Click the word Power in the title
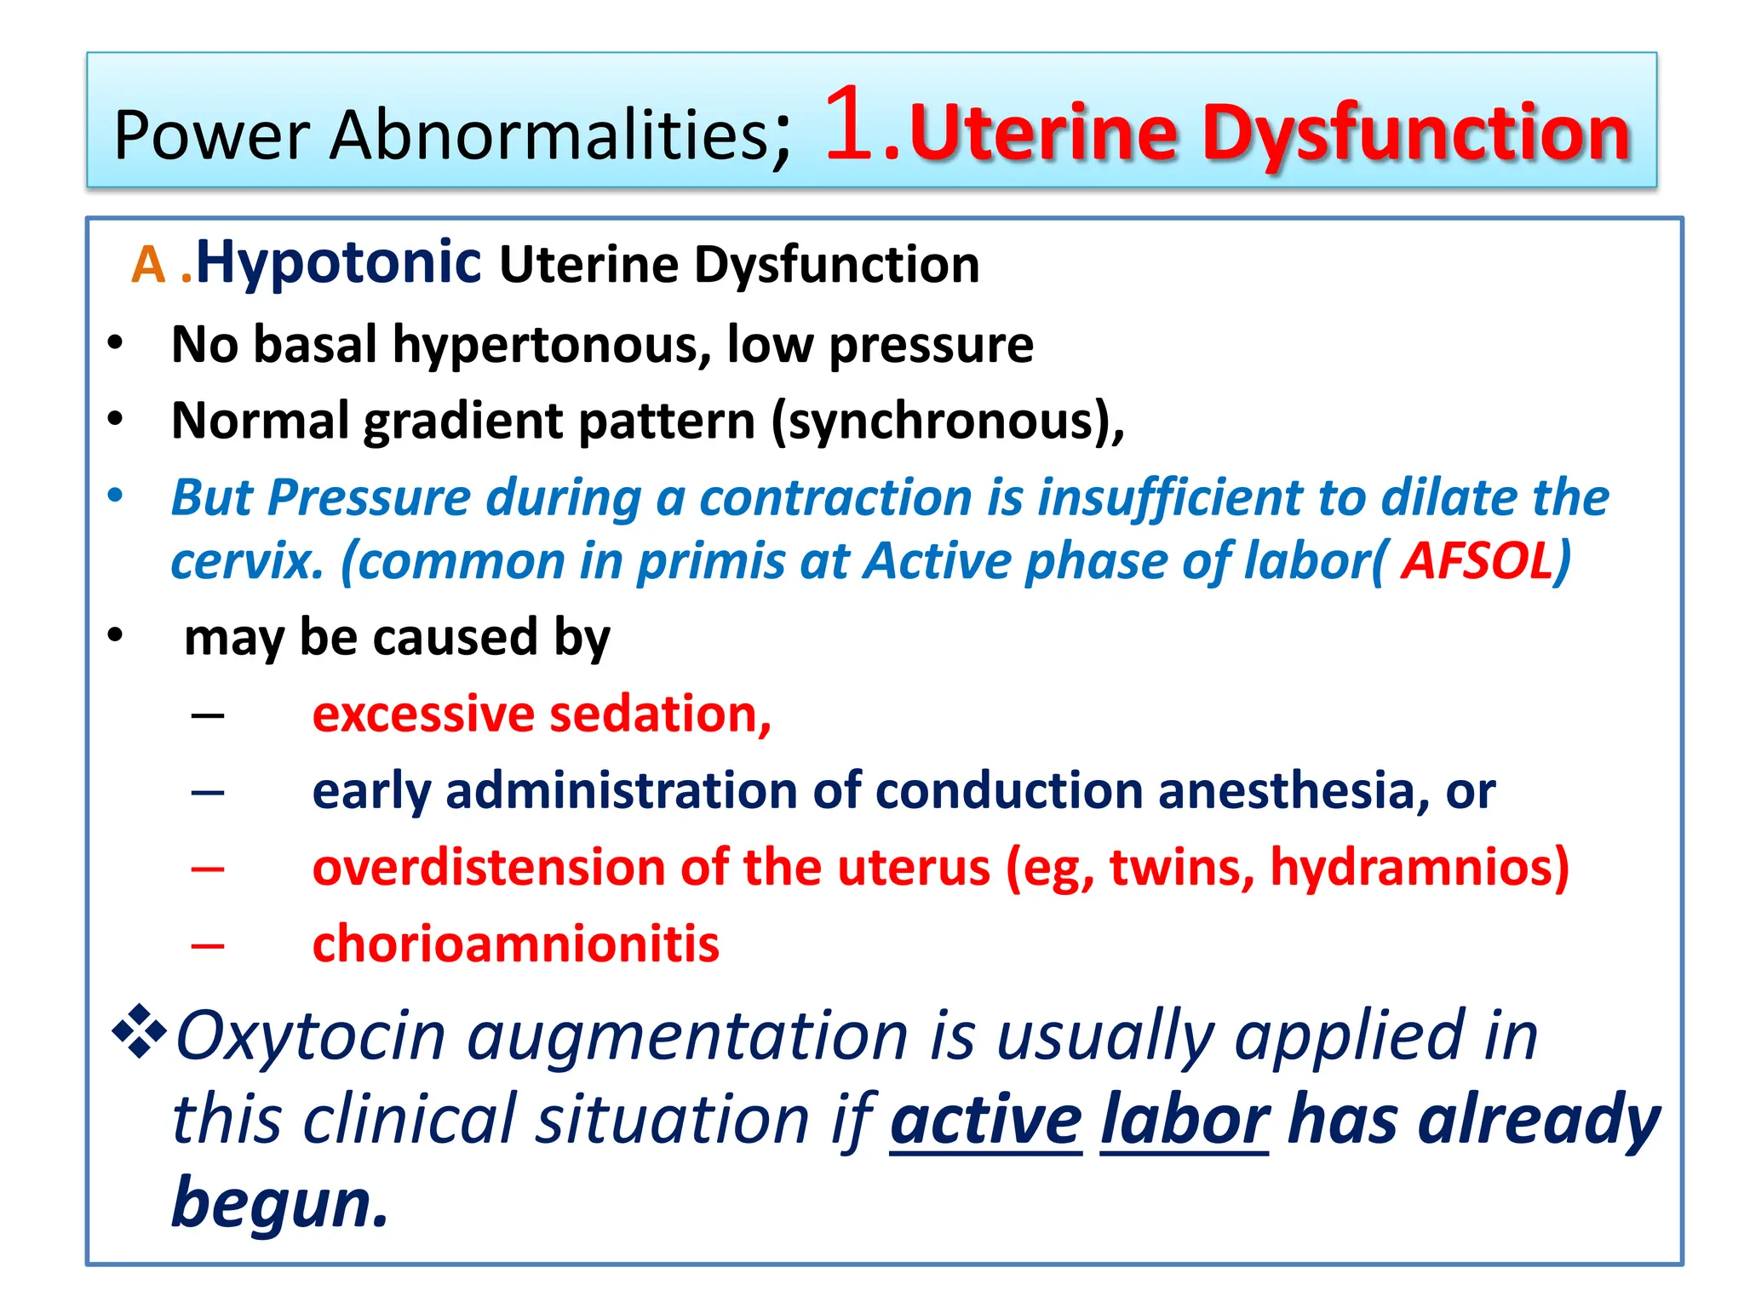212,135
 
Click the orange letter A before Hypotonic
147,265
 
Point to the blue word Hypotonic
338,262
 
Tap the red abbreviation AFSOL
1477,561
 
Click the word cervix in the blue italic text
247,563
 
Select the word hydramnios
1418,868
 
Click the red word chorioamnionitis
515,944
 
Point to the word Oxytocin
310,1036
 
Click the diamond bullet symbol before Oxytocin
138,1032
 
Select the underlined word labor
1185,1120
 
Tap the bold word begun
279,1202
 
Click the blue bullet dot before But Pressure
116,495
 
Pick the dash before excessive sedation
208,715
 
